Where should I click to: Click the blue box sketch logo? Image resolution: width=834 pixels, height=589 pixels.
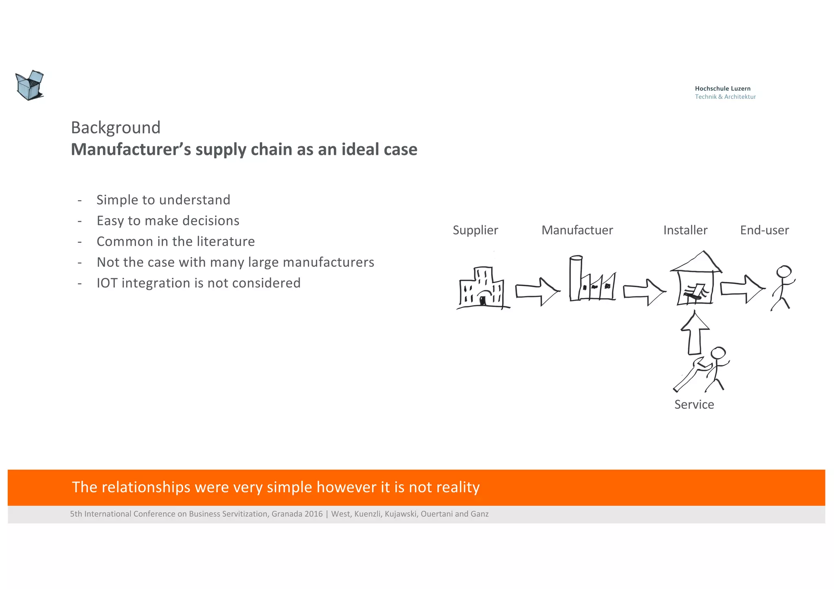coord(29,85)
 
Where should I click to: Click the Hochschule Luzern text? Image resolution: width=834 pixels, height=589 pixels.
coord(722,88)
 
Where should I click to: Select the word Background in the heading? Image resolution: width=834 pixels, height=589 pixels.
coord(116,128)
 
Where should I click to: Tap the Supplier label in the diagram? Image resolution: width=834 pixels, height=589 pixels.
coord(475,230)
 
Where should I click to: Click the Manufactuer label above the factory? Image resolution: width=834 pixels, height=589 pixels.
coord(577,230)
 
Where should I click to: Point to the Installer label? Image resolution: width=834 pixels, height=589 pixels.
coord(685,230)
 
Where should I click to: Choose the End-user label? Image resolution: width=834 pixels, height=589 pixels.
coord(764,230)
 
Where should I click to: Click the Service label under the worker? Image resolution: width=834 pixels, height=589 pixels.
coord(694,405)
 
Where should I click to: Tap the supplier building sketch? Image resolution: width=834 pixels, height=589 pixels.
coord(483,288)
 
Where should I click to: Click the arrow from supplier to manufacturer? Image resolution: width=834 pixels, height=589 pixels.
coord(538,291)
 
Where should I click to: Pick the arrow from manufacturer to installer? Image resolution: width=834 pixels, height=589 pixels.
coord(644,292)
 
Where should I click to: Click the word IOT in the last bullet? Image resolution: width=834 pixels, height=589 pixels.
coord(107,283)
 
